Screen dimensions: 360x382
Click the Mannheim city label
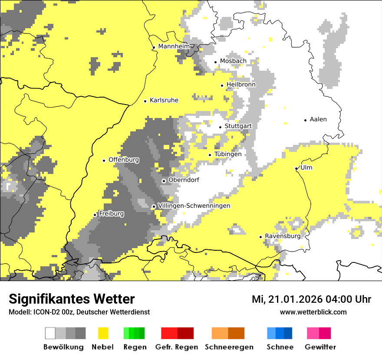coord(174,46)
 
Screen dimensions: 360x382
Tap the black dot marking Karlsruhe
coord(145,101)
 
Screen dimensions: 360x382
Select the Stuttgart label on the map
coord(238,126)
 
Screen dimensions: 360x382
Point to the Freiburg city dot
coord(95,215)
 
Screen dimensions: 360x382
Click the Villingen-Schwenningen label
coord(194,206)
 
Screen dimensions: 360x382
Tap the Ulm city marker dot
coord(296,168)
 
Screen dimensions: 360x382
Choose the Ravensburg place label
coord(283,236)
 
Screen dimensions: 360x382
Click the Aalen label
coord(318,119)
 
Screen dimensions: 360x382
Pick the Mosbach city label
coord(233,61)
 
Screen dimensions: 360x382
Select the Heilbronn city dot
coord(222,85)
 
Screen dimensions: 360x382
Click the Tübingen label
coord(228,154)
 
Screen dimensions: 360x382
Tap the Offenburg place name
coord(124,160)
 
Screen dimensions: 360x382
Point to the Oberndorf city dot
coord(164,181)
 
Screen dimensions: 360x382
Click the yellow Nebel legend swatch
coord(103,333)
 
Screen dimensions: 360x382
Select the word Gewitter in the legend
coord(320,347)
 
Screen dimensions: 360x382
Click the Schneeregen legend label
coord(229,347)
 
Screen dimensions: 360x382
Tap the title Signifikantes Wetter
coord(72,299)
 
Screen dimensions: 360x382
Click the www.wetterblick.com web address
coord(313,312)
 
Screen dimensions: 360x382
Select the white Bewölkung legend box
coord(50,333)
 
